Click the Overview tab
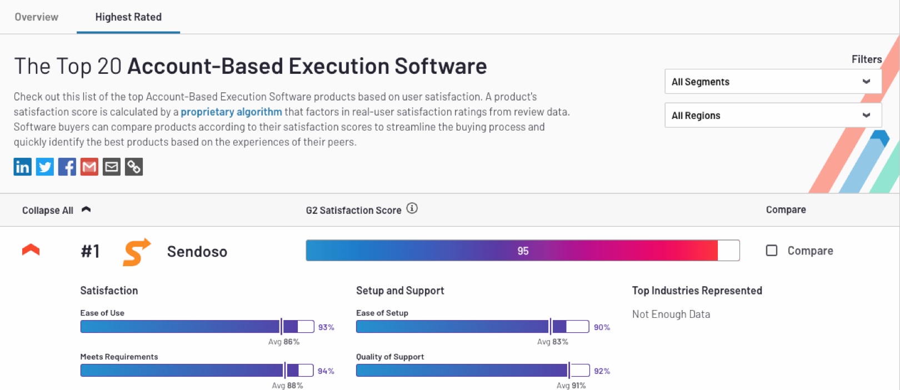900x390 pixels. [x=36, y=17]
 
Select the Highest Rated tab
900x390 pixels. [x=128, y=17]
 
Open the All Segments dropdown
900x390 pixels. [x=772, y=82]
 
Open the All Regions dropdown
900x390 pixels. [x=772, y=116]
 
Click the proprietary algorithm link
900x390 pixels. [x=231, y=112]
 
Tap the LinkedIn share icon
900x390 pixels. [x=23, y=167]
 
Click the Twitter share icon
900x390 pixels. [x=45, y=167]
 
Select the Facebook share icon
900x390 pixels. [x=67, y=167]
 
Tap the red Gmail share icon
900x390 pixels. [x=89, y=167]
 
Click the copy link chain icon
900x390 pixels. [x=134, y=167]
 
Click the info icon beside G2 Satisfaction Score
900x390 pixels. [x=412, y=208]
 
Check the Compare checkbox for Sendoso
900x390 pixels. [x=772, y=251]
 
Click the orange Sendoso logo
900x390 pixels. [x=136, y=252]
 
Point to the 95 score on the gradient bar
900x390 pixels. [x=523, y=251]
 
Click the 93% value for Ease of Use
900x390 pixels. [x=326, y=327]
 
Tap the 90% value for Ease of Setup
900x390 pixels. [x=602, y=327]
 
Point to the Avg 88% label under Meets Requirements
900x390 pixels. [x=287, y=385]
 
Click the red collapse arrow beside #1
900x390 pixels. [x=31, y=250]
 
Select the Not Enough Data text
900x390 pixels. [x=671, y=314]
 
